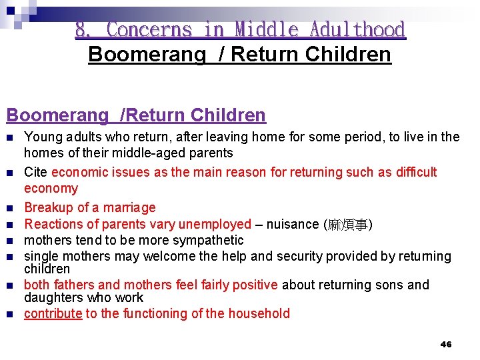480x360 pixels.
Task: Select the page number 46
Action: tap(446, 344)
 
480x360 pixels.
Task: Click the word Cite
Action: tap(35, 172)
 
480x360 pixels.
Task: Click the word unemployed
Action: tap(214, 224)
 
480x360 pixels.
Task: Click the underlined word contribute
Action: tap(53, 313)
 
